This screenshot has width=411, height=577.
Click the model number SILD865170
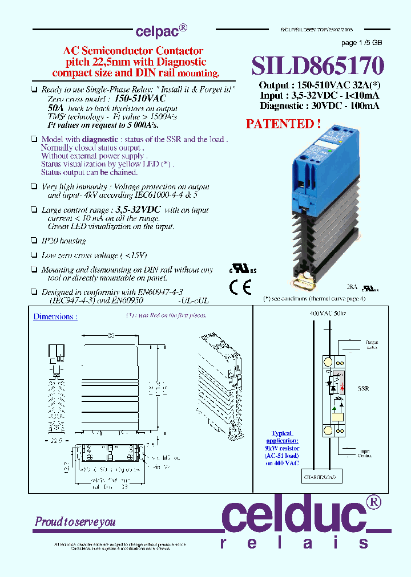(318, 66)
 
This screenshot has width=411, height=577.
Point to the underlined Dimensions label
(55, 316)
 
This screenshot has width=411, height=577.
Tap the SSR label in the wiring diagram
(363, 388)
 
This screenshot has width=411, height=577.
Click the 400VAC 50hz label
(326, 314)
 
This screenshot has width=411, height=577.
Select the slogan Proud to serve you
(75, 521)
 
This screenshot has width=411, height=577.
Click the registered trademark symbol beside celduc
(373, 502)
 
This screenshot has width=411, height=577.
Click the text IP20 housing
(63, 241)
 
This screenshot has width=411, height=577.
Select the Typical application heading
(282, 437)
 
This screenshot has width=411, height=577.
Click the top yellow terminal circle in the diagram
(328, 362)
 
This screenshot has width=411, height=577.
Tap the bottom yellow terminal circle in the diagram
(328, 430)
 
